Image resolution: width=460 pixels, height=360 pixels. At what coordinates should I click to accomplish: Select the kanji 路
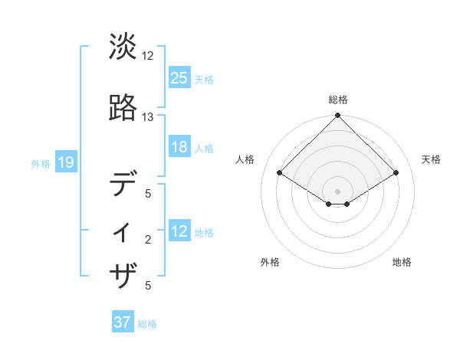(123, 109)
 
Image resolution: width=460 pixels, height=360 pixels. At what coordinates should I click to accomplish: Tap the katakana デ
(123, 185)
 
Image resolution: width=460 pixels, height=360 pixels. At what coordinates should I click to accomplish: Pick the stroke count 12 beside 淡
(148, 56)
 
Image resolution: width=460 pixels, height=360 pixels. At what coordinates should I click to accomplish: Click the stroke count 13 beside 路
(148, 117)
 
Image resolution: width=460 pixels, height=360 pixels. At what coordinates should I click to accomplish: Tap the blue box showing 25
(179, 77)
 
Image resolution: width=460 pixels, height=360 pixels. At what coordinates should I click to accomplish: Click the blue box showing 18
(179, 147)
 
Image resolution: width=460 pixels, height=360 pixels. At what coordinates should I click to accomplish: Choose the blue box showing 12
(179, 231)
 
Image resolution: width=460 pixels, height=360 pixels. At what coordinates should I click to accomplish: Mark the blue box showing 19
(65, 162)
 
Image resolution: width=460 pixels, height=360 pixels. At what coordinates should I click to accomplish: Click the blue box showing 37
(122, 322)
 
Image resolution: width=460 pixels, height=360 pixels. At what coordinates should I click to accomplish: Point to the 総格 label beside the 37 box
(147, 324)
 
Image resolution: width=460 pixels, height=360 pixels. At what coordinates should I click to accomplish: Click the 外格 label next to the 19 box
(40, 163)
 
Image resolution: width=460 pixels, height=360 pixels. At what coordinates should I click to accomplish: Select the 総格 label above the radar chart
(337, 100)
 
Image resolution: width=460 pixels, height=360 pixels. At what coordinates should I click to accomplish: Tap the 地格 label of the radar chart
(402, 263)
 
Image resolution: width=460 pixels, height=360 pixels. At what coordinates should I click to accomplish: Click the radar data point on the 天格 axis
(396, 173)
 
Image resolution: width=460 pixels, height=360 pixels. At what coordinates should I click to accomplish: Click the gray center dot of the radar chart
(337, 191)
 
